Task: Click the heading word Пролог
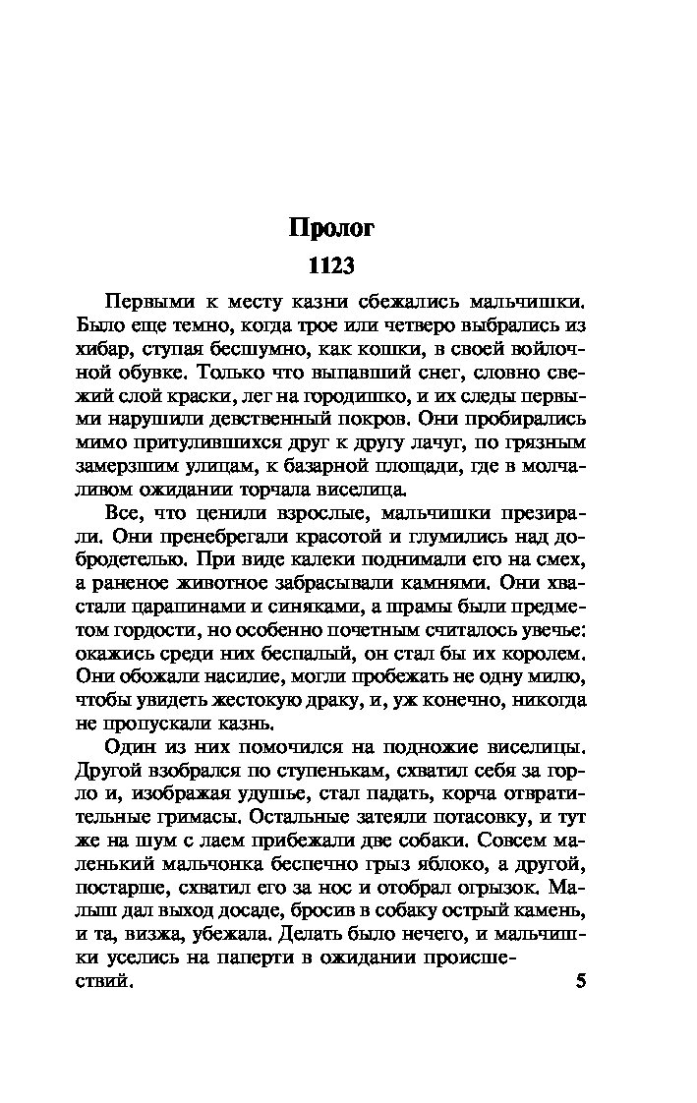click(331, 228)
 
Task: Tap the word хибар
click(103, 348)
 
